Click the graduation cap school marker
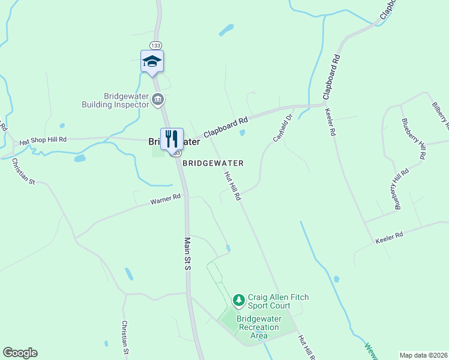tap(152, 61)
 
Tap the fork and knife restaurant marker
tap(172, 139)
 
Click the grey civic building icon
tap(158, 99)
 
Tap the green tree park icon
tap(239, 299)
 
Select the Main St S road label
tap(187, 253)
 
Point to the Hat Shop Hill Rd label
tap(43, 140)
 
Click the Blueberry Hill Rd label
tap(414, 138)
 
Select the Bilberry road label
tap(440, 115)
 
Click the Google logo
tap(20, 353)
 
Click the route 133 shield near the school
tap(156, 46)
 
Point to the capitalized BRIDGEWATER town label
tap(213, 163)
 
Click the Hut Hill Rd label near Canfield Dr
tap(232, 186)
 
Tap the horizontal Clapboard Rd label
tap(226, 127)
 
